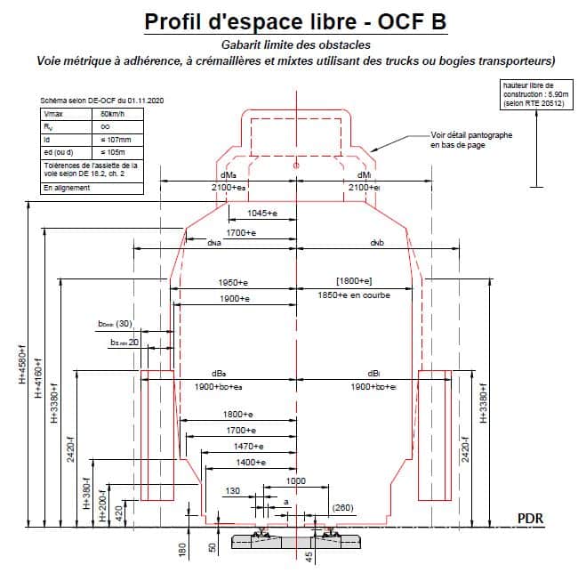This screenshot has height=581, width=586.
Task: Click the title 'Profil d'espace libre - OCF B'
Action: (x=295, y=23)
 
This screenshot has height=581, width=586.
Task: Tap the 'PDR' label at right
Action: (x=530, y=517)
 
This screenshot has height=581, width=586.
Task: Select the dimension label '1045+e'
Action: (x=259, y=213)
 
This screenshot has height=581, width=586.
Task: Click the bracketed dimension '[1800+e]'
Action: (x=353, y=281)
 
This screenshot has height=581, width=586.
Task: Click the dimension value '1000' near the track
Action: (x=297, y=480)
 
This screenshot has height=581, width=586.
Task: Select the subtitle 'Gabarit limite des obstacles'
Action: (x=296, y=44)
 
